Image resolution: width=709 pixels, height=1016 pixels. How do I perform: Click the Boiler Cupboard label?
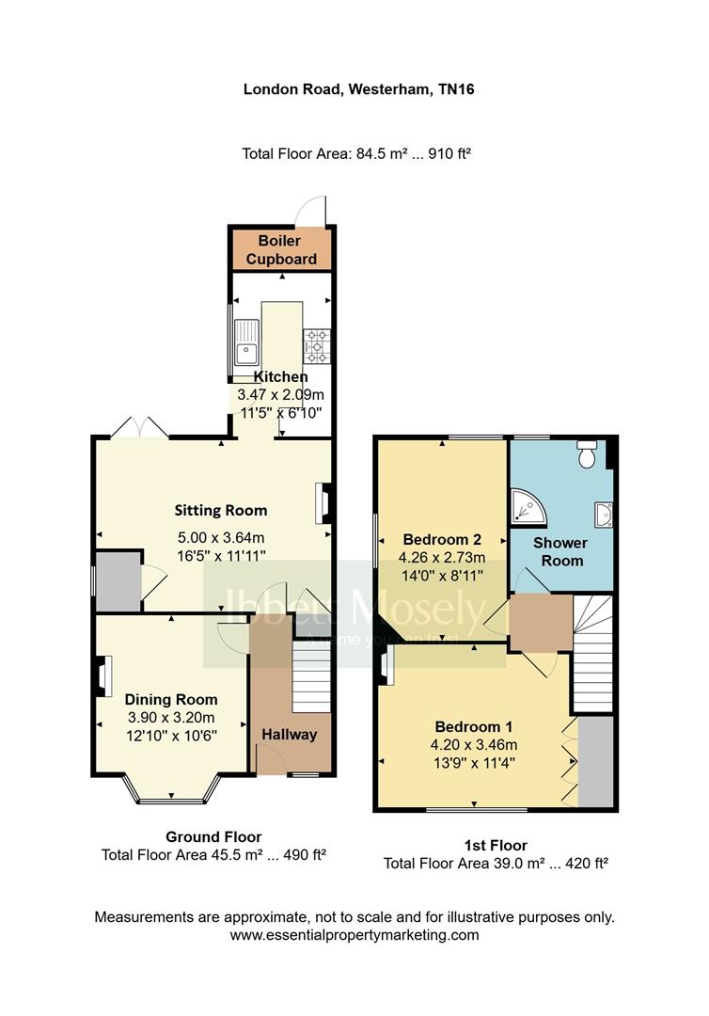tap(280, 249)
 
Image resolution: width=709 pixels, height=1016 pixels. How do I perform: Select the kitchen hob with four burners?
tap(315, 345)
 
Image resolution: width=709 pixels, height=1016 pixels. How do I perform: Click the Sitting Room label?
tap(221, 511)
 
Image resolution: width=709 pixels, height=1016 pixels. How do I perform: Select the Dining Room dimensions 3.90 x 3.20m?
tap(171, 718)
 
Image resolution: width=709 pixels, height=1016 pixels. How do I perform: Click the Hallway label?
tap(290, 735)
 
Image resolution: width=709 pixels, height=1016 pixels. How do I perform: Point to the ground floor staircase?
tap(312, 675)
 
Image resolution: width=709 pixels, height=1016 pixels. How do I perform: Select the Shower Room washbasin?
tap(604, 514)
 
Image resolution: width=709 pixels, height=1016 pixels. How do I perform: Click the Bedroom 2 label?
tap(442, 540)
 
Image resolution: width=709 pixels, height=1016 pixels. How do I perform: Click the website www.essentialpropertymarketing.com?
tap(354, 935)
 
